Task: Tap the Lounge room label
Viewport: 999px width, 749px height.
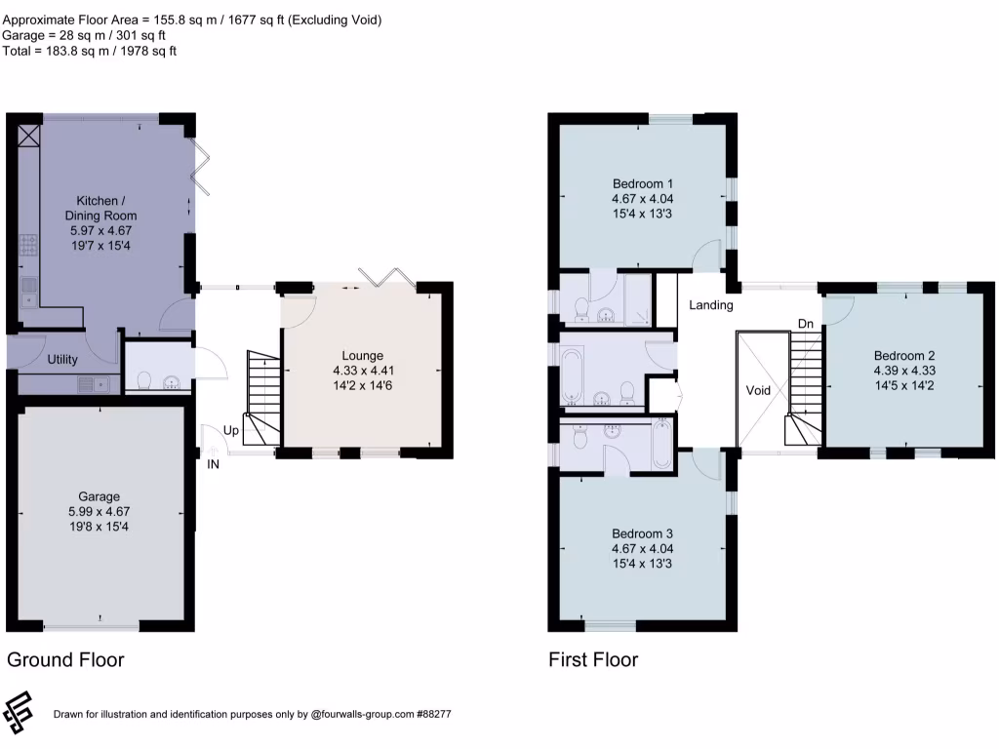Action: point(362,356)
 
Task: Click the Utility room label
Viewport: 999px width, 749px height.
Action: point(63,360)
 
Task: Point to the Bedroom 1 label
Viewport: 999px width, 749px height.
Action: point(643,183)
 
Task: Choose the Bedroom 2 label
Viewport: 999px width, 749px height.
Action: point(904,356)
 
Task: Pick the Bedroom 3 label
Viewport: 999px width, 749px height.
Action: point(643,533)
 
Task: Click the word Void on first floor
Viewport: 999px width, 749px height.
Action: point(758,390)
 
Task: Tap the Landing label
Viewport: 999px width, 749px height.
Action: point(710,305)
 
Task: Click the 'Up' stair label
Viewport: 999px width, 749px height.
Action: point(231,430)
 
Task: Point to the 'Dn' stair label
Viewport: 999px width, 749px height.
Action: point(805,323)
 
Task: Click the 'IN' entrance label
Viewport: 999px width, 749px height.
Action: point(213,464)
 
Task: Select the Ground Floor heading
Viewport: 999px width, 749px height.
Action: point(65,660)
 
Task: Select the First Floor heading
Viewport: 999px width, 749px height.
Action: point(593,660)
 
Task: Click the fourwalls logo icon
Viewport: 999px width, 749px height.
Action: point(18,713)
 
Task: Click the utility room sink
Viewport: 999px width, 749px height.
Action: point(95,383)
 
